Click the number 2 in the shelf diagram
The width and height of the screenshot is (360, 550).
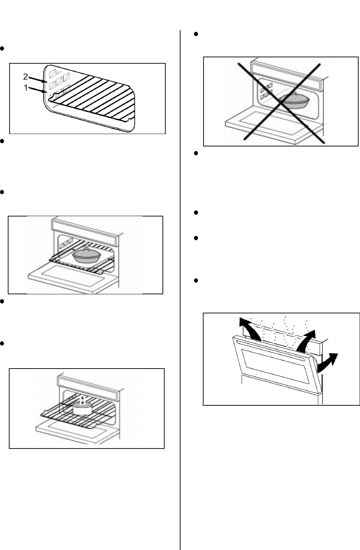25,77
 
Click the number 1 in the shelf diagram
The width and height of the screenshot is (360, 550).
25,88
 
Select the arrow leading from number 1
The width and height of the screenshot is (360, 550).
38,90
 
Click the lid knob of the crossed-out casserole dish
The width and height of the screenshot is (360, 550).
295,93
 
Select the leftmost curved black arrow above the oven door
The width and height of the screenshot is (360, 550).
250,328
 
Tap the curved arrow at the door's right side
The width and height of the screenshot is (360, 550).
327,363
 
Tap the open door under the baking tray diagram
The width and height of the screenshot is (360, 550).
73,280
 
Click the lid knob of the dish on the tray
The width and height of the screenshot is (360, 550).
85,249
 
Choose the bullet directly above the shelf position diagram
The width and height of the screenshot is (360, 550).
2,48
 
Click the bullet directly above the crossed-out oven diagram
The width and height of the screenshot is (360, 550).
196,34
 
